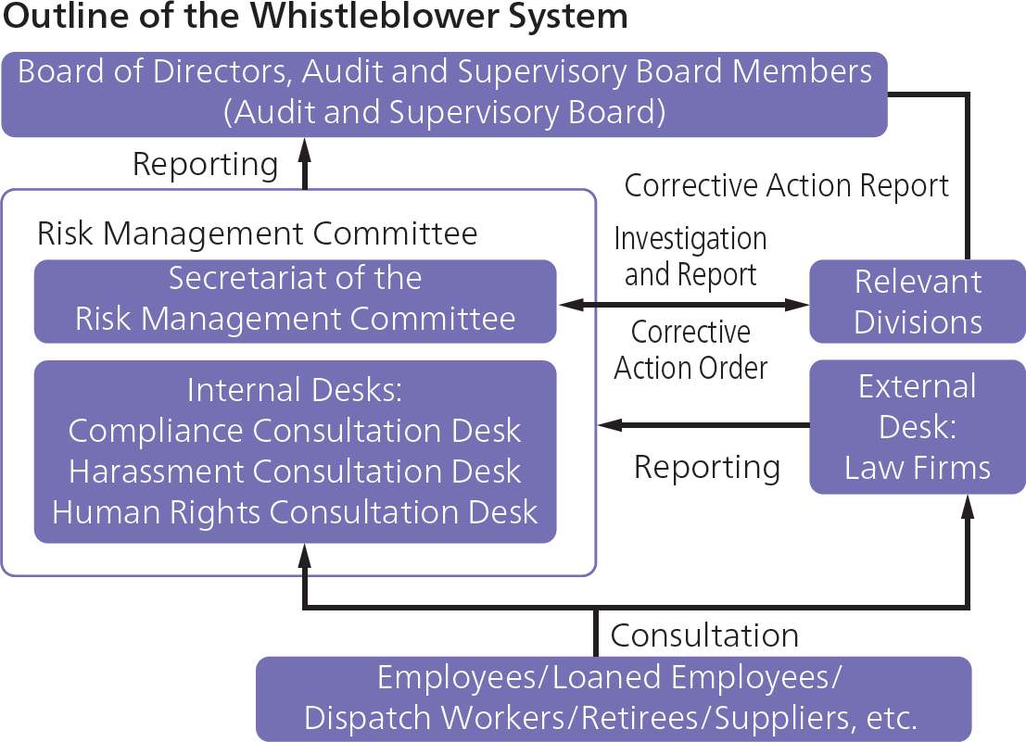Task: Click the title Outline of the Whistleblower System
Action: (314, 18)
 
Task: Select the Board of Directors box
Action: (445, 93)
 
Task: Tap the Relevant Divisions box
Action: (917, 301)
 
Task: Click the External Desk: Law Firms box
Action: (917, 427)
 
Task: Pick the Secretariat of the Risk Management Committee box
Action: (295, 299)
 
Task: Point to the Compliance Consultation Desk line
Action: (295, 431)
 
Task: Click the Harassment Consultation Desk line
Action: (295, 472)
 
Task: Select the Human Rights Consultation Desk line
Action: (295, 512)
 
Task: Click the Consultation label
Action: (704, 635)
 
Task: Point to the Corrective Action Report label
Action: (787, 185)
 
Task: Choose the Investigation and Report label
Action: (690, 256)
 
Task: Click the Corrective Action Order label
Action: (690, 349)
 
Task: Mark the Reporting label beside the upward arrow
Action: (205, 164)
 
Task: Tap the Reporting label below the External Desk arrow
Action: (706, 467)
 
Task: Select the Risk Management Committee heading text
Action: (257, 233)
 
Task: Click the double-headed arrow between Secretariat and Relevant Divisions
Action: (683, 304)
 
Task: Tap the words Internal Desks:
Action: (295, 390)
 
